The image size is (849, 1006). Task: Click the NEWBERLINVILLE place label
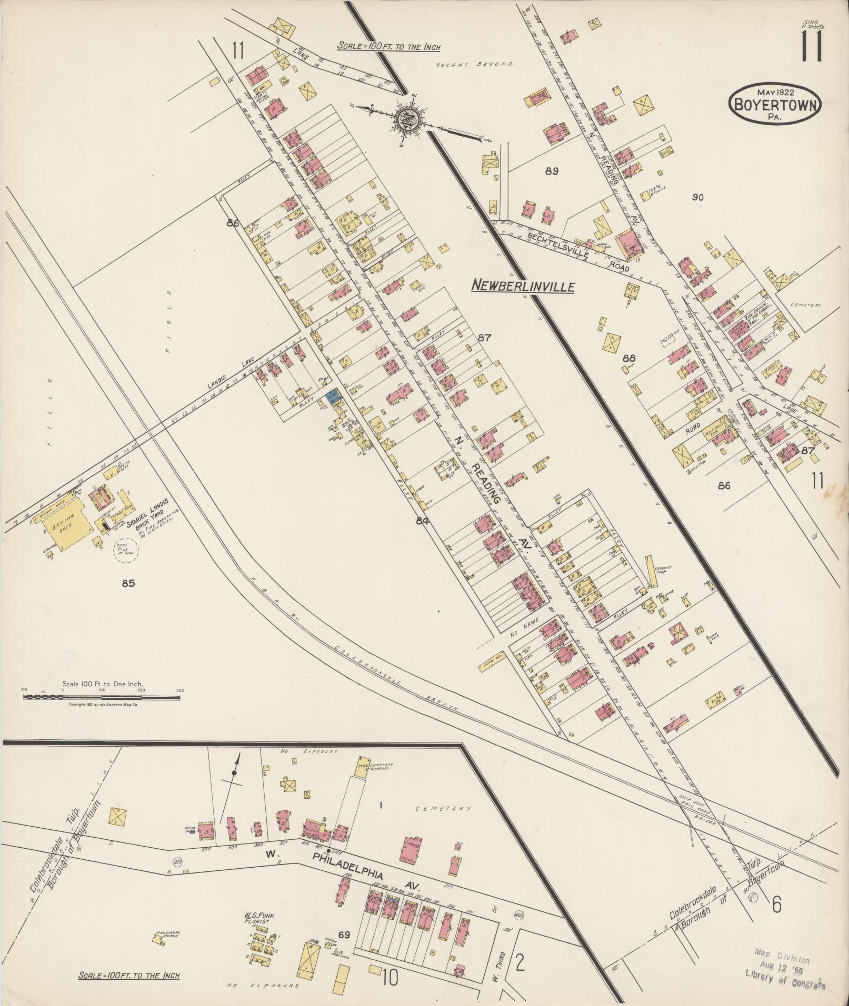(x=522, y=286)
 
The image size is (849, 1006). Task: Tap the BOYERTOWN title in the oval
(x=775, y=104)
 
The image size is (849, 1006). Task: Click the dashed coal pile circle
(x=125, y=551)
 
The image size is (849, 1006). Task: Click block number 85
(x=128, y=583)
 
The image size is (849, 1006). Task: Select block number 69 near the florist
(x=344, y=934)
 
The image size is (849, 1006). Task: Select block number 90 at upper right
(x=698, y=197)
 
